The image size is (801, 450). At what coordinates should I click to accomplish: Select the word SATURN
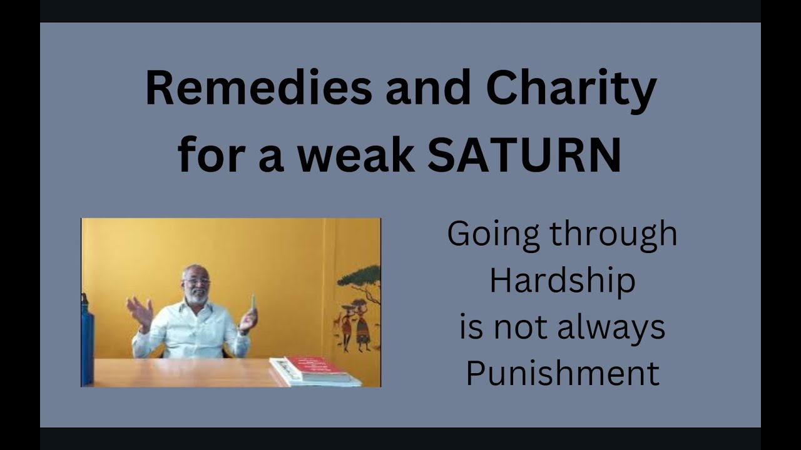[x=524, y=156]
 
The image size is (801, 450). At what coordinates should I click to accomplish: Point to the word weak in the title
[x=356, y=156]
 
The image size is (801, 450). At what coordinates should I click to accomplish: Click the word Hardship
[x=562, y=281]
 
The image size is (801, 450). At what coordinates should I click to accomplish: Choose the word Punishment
[x=562, y=374]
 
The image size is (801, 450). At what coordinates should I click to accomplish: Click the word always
[x=599, y=327]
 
